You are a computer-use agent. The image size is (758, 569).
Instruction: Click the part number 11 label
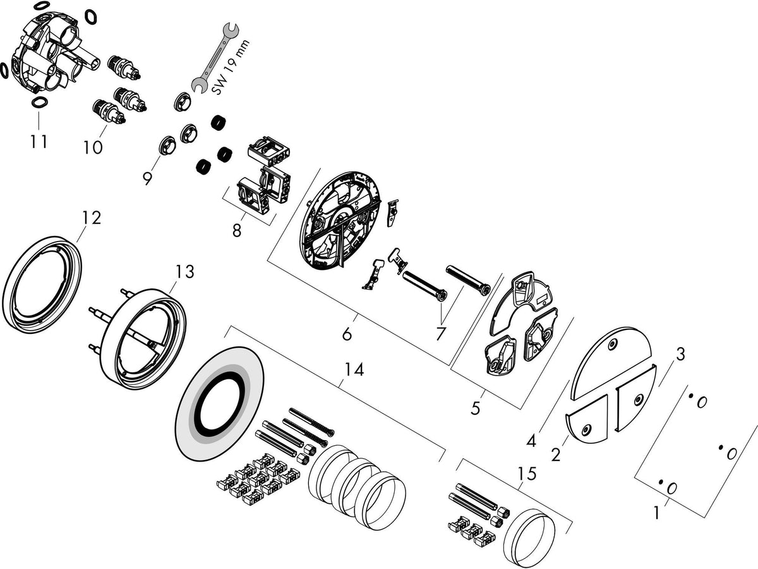(39, 141)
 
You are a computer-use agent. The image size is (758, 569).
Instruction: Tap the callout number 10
(93, 147)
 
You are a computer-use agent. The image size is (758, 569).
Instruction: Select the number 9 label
(147, 178)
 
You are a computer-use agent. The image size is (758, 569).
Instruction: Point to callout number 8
(236, 230)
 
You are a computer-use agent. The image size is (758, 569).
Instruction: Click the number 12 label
(92, 217)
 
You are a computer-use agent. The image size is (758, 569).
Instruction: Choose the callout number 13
(184, 271)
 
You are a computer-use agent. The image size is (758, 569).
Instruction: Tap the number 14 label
(354, 370)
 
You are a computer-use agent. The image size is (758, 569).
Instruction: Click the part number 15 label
(527, 474)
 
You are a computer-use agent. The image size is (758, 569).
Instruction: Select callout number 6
(347, 334)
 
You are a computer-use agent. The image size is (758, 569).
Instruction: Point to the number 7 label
(440, 334)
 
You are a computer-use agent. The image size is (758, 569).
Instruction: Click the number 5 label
(476, 408)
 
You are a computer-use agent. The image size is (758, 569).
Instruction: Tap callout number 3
(680, 355)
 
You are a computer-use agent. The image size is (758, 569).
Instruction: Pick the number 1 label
(656, 513)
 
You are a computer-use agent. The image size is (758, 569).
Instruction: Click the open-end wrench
(214, 58)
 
